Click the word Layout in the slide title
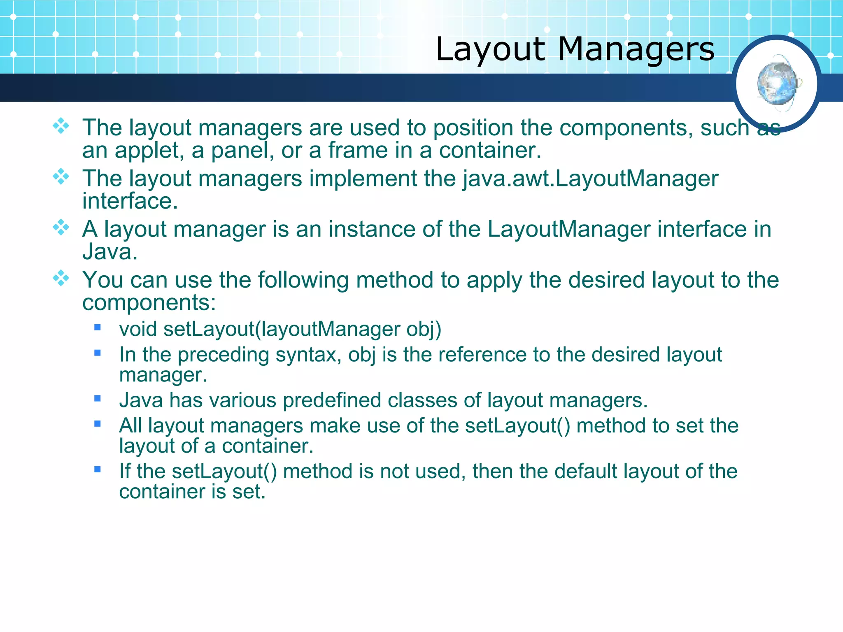point(490,49)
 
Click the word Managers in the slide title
point(636,49)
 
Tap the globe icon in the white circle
point(777,84)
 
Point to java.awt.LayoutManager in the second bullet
point(590,179)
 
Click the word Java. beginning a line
point(110,252)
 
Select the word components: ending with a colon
point(149,303)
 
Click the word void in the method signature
point(138,329)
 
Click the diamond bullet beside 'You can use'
point(61,278)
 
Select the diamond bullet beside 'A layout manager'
point(61,227)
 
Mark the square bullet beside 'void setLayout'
point(98,328)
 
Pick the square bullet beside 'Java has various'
point(98,398)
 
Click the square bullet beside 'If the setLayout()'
point(98,469)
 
